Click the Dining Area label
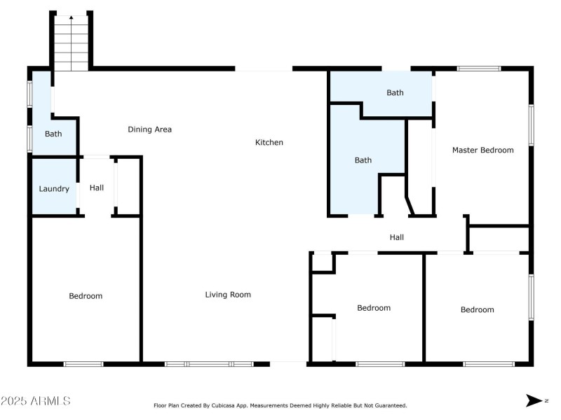tap(149, 129)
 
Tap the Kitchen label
tap(269, 143)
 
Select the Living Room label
tap(228, 295)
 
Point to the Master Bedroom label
tap(482, 150)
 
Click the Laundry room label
tap(53, 189)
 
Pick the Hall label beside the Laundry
tap(97, 188)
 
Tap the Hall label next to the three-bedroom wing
tap(397, 238)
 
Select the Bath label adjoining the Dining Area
tap(53, 134)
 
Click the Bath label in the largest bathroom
tap(363, 160)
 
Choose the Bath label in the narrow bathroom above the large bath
tap(395, 92)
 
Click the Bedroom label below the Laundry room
tap(86, 296)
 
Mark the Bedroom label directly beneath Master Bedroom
tap(477, 310)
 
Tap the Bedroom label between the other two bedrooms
tap(374, 308)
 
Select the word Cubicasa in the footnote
tap(222, 405)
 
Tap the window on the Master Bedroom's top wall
tap(479, 69)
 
